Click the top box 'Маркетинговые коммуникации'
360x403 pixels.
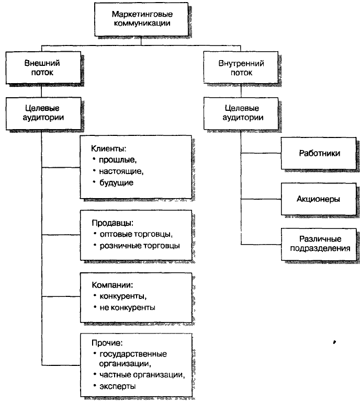(141, 19)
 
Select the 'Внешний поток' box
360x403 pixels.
(43, 67)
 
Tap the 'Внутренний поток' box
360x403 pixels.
(241, 67)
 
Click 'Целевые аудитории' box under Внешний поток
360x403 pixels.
(43, 113)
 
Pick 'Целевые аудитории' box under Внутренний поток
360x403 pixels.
(241, 113)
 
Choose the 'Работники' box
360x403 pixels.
(319, 153)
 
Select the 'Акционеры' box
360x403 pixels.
(319, 199)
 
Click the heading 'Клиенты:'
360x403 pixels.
(109, 148)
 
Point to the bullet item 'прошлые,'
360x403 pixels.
(118, 160)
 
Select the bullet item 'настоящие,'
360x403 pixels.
(121, 171)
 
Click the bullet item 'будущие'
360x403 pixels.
(116, 183)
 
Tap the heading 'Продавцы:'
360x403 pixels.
(113, 223)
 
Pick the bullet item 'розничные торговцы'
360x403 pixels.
(140, 246)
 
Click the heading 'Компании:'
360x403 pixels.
(113, 285)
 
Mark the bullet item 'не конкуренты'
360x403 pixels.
(127, 308)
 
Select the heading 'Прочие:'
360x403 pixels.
(107, 343)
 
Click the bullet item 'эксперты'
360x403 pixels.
(118, 386)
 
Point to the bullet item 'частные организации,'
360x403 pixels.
(142, 375)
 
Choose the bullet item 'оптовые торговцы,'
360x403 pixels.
(136, 234)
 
